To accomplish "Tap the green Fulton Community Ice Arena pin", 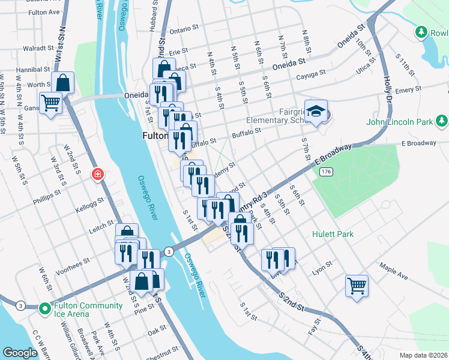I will [x=44, y=309].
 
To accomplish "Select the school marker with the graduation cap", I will [x=316, y=111].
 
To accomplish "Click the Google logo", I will [x=19, y=352].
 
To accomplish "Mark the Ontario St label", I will [x=184, y=29].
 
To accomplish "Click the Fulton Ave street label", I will [x=44, y=12].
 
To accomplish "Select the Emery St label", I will [x=405, y=89].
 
